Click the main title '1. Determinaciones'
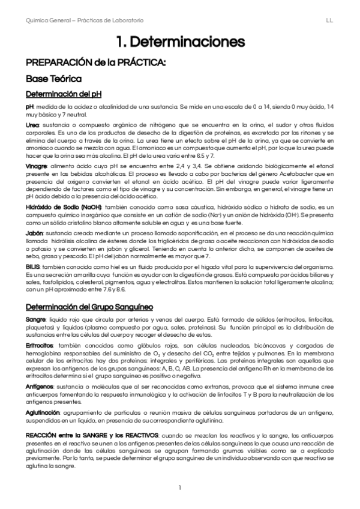point(180,42)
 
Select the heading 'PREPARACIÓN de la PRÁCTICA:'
point(95,62)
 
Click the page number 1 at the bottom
point(179,487)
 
